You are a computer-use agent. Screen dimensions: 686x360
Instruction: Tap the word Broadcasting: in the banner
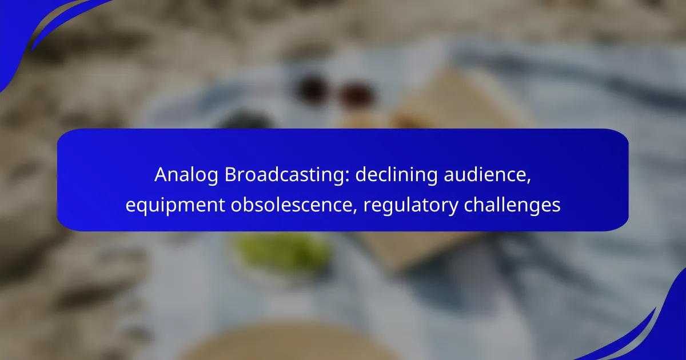click(x=287, y=174)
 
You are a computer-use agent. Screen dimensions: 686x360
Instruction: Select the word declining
click(x=397, y=175)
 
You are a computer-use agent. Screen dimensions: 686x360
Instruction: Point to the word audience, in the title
click(x=487, y=174)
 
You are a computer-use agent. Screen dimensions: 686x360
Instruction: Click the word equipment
click(x=175, y=206)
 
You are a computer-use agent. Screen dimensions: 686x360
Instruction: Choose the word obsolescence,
click(x=294, y=205)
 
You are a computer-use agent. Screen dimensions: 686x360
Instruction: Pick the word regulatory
click(x=410, y=206)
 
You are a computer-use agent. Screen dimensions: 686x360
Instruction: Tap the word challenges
click(x=512, y=206)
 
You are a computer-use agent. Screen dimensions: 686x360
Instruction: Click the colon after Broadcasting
click(x=348, y=177)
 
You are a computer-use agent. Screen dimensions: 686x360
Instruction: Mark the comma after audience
click(x=529, y=181)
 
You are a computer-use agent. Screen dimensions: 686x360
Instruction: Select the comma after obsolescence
click(x=355, y=211)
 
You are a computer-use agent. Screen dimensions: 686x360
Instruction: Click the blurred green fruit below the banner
click(x=282, y=251)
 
